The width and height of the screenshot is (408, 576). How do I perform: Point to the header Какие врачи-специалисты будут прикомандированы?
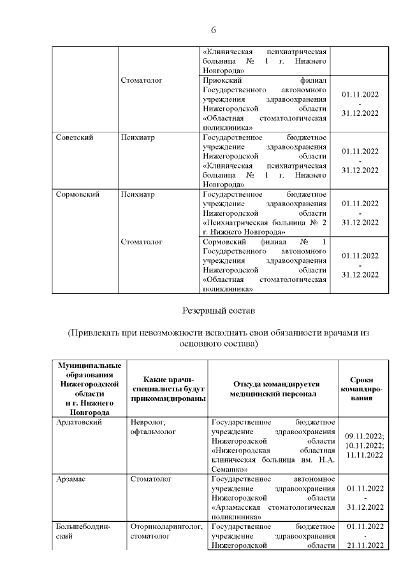168,389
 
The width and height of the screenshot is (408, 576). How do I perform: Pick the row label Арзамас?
71,478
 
